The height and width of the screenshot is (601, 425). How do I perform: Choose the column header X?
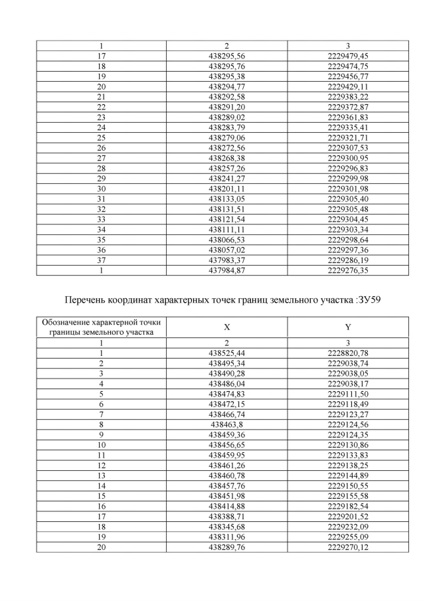(227, 327)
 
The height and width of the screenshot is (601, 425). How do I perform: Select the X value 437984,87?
(227, 272)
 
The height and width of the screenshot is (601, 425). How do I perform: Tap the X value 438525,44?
(227, 354)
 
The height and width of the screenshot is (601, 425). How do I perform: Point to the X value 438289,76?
(227, 547)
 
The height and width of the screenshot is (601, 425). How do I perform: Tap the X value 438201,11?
(227, 189)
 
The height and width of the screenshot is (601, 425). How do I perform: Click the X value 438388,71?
(227, 517)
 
